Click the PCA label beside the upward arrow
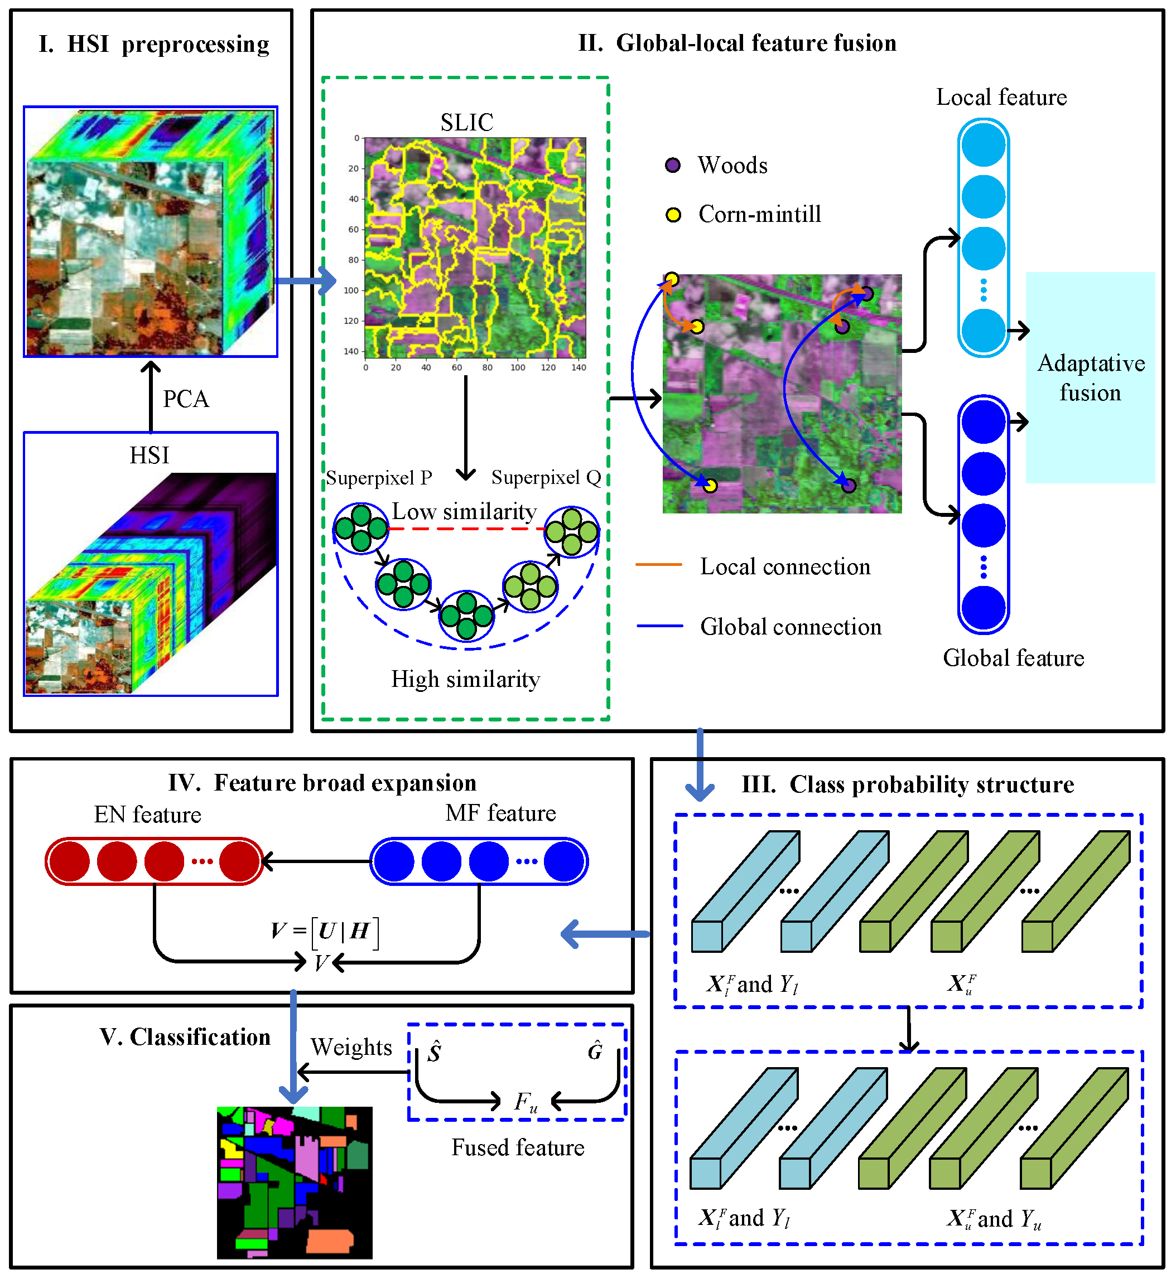point(185,399)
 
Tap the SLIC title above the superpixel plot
point(466,122)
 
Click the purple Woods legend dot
point(673,166)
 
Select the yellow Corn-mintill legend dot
point(673,215)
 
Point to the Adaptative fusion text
point(1091,378)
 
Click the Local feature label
point(1001,98)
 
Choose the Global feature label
point(1013,658)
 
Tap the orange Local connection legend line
point(659,564)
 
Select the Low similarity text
point(464,511)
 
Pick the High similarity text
point(465,679)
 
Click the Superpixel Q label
point(546,477)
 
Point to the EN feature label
point(148,815)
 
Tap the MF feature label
point(500,813)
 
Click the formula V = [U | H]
point(325,932)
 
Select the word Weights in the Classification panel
point(351,1047)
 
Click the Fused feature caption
point(517,1147)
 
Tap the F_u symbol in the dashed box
point(526,1102)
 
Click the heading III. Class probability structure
point(908,784)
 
